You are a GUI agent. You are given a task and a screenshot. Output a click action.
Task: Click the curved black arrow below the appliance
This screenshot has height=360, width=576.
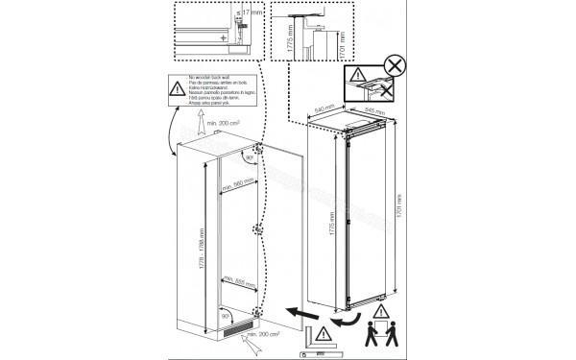[x=352, y=314]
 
